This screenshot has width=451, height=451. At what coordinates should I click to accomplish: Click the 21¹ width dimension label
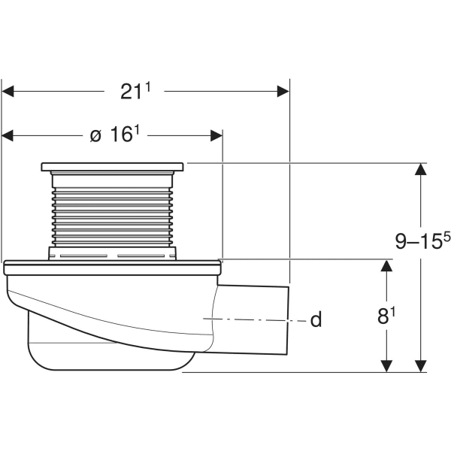click(136, 92)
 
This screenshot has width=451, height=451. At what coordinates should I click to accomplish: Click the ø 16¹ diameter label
click(115, 135)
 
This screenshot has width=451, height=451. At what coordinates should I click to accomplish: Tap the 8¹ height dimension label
click(385, 316)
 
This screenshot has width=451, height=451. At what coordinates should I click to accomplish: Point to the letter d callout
click(316, 320)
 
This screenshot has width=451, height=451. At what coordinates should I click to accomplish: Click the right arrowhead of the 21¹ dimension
click(283, 91)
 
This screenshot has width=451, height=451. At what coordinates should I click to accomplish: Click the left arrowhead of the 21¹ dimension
click(8, 91)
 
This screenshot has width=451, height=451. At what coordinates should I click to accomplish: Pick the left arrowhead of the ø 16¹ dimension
click(8, 135)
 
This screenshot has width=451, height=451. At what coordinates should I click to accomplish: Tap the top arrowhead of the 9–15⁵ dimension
click(421, 169)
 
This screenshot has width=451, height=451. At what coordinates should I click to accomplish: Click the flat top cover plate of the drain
click(112, 166)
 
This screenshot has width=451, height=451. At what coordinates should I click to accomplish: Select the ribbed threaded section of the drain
click(112, 210)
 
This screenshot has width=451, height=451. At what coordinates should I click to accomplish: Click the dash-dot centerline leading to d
click(256, 319)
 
